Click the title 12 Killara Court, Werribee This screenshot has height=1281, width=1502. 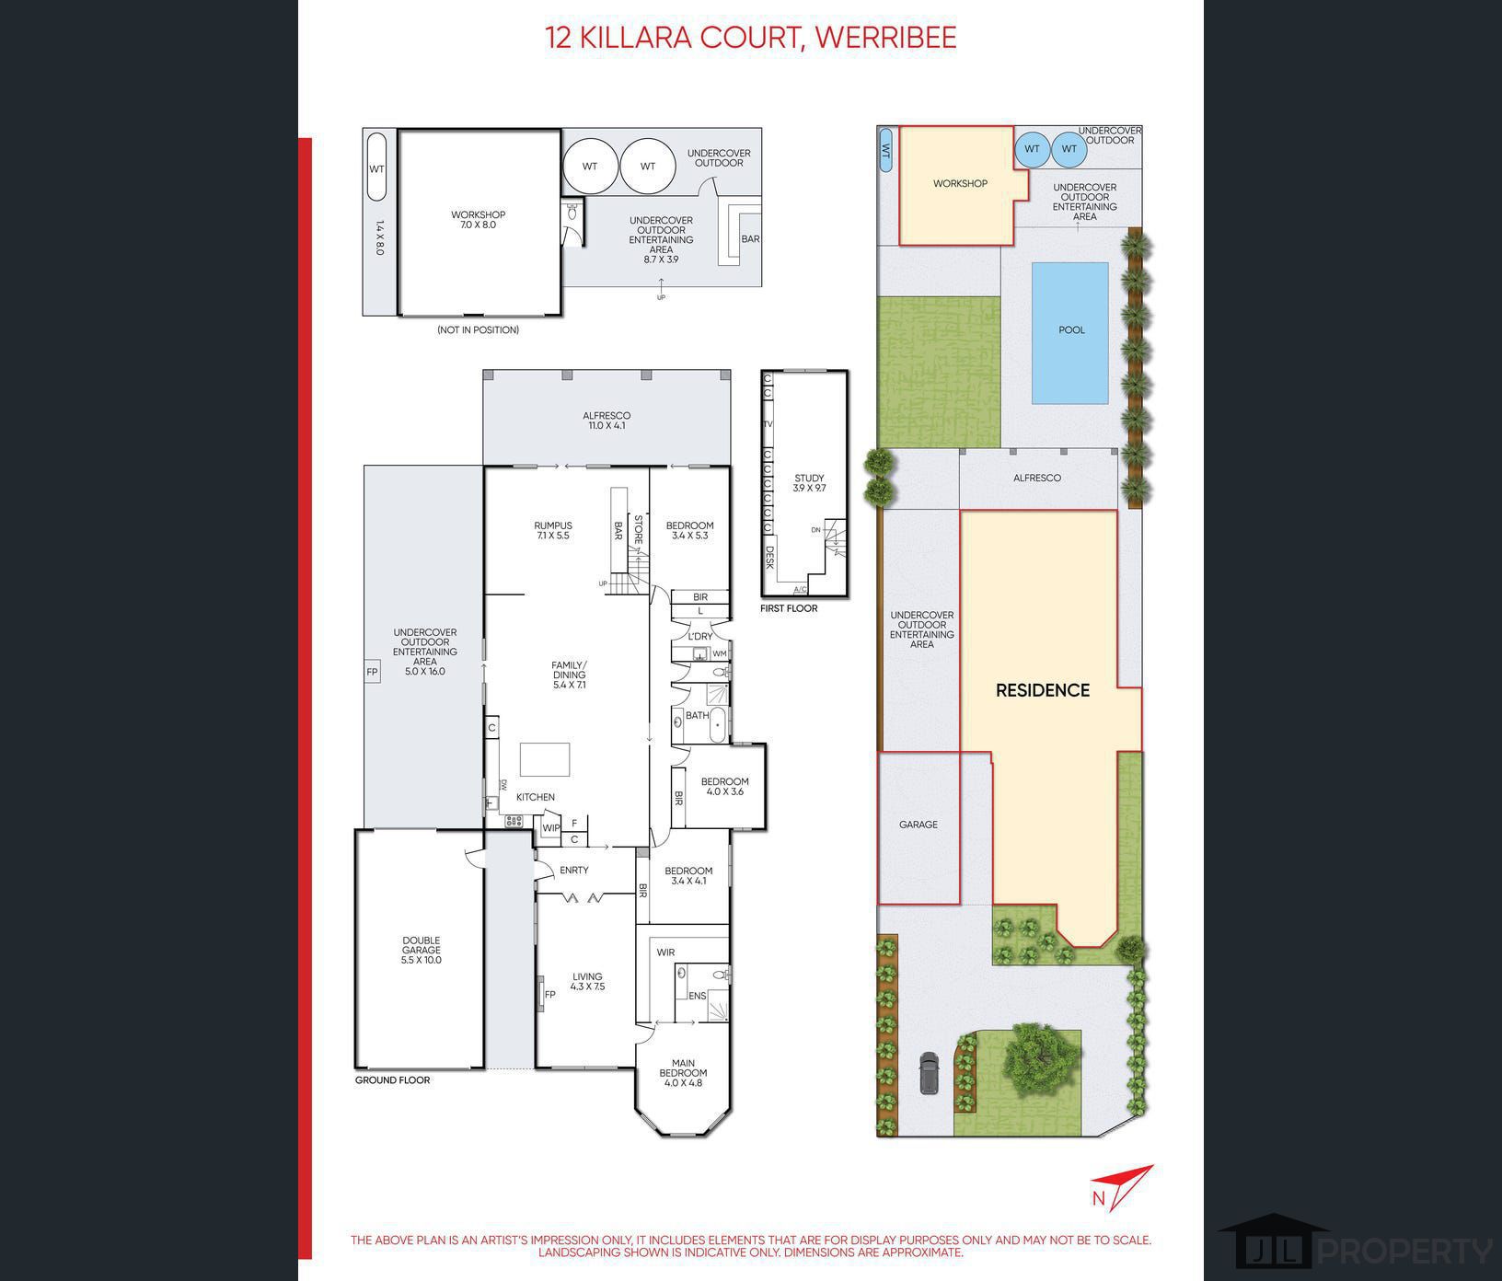coord(750,38)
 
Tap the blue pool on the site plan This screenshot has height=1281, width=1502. coord(1069,332)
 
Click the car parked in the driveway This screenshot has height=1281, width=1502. coord(929,1072)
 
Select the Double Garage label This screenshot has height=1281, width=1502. coord(421,950)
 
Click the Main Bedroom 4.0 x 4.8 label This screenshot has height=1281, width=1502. coord(683,1073)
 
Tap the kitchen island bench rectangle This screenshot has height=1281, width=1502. coord(545,760)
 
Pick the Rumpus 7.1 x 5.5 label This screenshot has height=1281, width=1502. coord(552,530)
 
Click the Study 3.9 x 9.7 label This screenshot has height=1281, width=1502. coord(809,483)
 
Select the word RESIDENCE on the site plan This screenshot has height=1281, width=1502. coord(1043,690)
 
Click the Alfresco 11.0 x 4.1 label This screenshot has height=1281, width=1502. coord(606,421)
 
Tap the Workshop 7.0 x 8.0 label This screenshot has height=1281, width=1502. coord(478,220)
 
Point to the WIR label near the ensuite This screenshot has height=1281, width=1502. coord(665,952)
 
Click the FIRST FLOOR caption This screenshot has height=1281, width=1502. coord(789,608)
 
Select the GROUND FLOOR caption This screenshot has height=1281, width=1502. coord(392,1080)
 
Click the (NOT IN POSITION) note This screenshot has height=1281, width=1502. coord(478,329)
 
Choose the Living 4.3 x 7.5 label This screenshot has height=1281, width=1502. coord(587,982)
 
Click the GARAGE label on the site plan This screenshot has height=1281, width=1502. coord(918,825)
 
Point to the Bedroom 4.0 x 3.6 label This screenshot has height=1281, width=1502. coord(724,787)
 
